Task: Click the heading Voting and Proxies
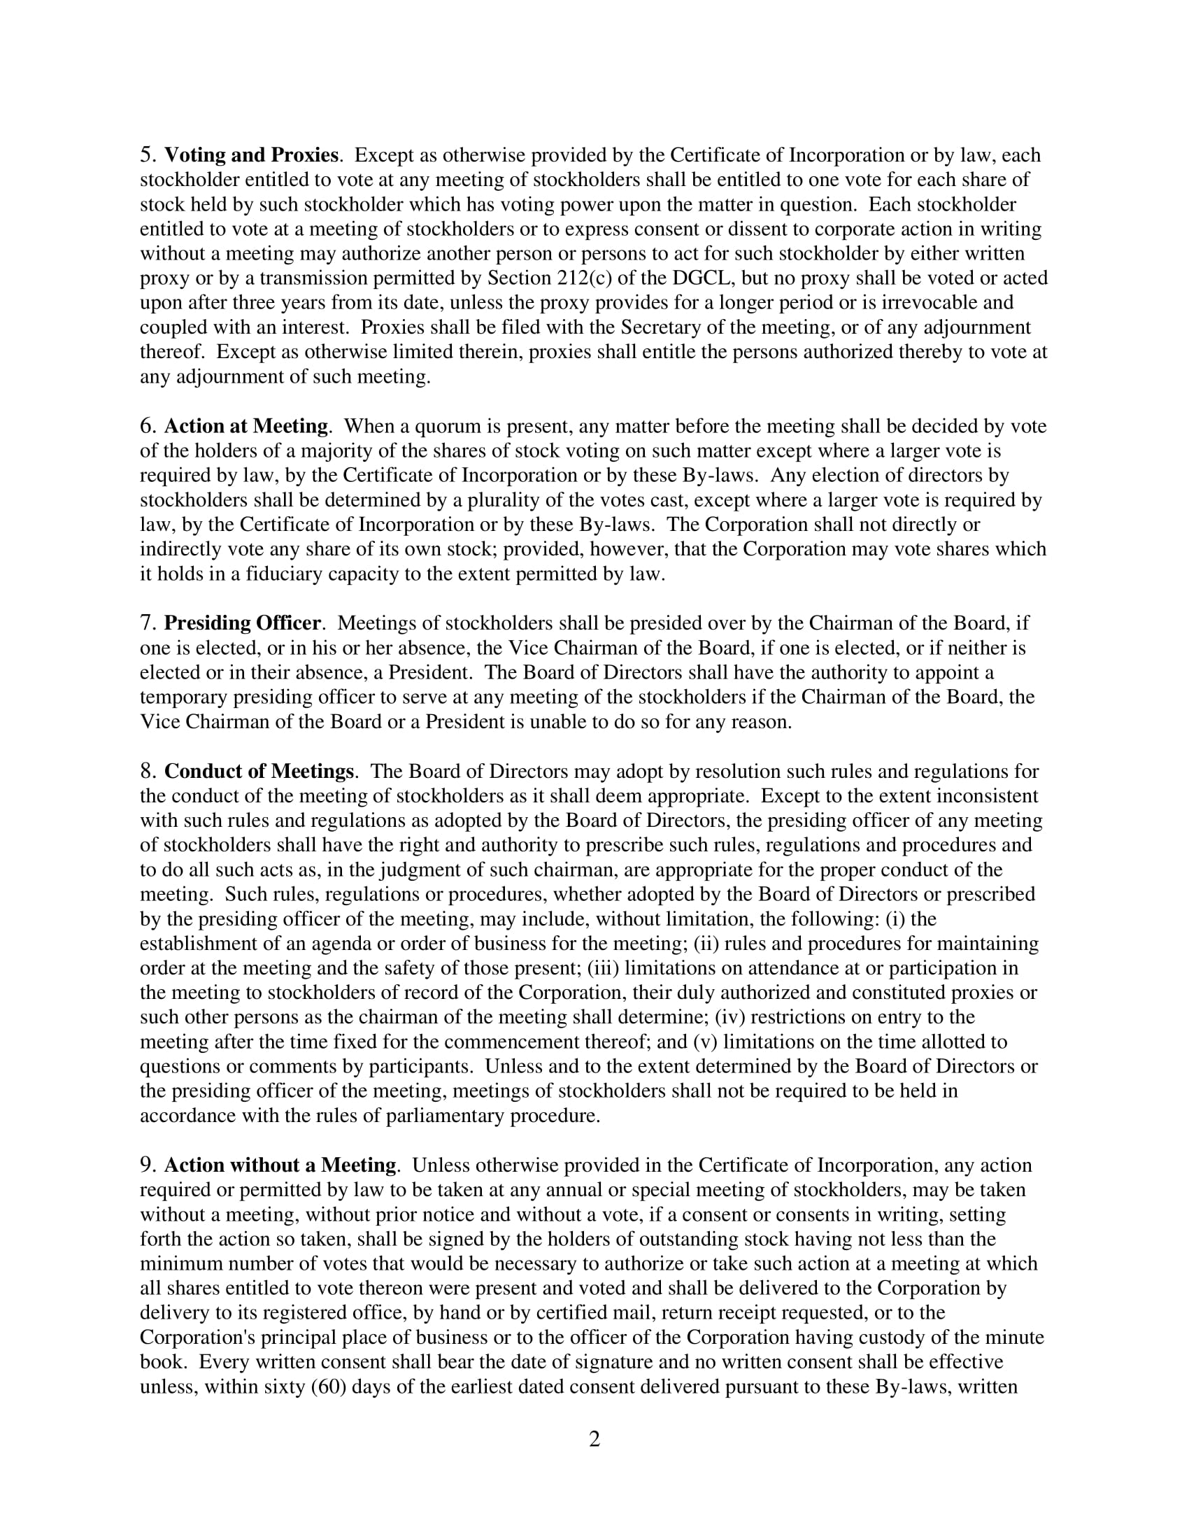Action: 251,155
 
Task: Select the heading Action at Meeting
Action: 245,426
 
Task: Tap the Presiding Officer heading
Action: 242,623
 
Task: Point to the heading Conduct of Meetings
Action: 259,771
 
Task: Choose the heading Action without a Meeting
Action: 280,1165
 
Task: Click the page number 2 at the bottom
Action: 594,1439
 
